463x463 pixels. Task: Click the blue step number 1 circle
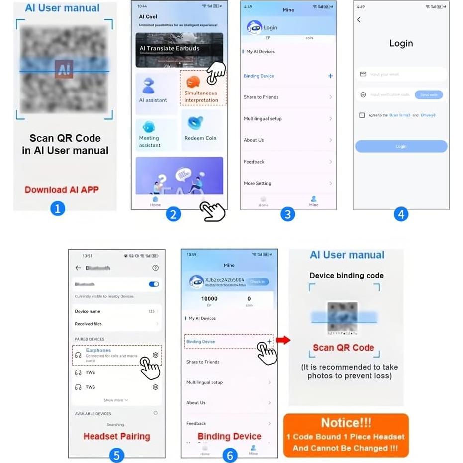(58, 208)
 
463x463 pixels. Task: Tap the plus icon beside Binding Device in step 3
(330, 76)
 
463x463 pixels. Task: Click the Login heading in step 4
(401, 43)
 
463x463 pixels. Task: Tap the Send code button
(428, 94)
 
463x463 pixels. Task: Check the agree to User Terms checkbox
(362, 115)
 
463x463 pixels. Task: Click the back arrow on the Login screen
(359, 20)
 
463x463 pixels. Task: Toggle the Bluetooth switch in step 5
(154, 284)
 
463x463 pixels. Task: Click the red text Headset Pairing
(116, 436)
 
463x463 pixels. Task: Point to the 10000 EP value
(209, 299)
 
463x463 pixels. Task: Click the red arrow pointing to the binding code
(283, 340)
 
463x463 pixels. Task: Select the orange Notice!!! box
(346, 435)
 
